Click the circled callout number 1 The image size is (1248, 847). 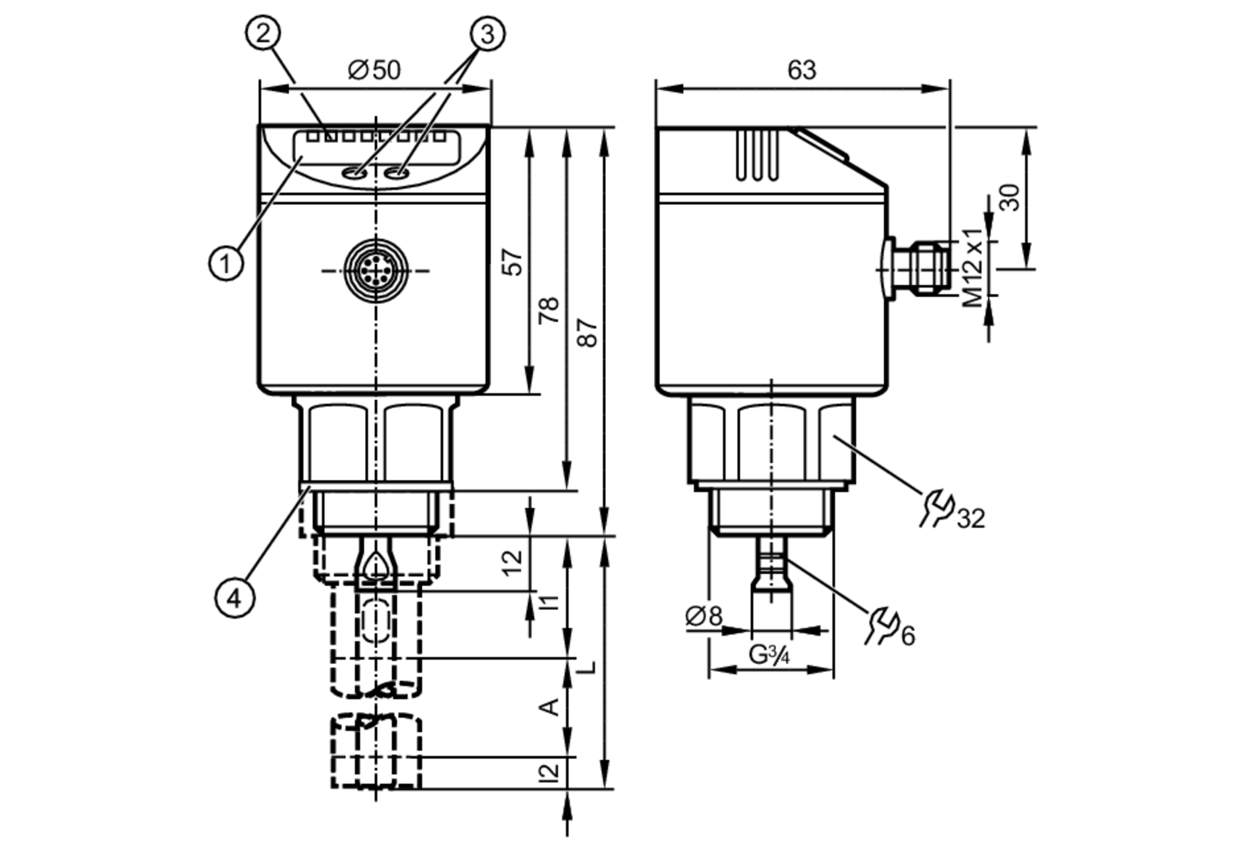tap(225, 263)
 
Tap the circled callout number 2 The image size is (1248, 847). tap(263, 32)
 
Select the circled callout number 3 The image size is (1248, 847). tap(487, 34)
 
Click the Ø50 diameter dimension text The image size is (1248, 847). tap(374, 70)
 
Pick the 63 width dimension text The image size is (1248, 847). tap(801, 70)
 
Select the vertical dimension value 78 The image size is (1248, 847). tap(550, 310)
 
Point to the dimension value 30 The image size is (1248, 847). tap(1010, 197)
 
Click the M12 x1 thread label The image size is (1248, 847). tap(972, 268)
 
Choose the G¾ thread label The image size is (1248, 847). tap(769, 655)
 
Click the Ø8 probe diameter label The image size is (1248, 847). tap(703, 616)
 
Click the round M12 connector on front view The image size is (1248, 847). tap(376, 271)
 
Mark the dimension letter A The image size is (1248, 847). tap(550, 707)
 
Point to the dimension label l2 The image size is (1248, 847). tap(550, 773)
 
